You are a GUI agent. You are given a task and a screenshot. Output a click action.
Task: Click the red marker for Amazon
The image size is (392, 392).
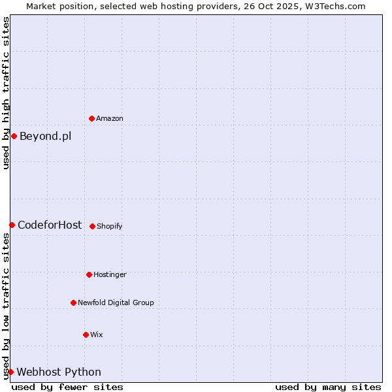tap(92, 118)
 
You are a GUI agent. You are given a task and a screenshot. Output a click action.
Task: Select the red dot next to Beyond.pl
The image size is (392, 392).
tap(14, 136)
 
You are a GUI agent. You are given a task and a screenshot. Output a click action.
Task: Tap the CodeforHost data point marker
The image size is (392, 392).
tap(12, 225)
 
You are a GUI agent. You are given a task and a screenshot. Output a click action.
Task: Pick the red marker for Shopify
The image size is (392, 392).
tap(92, 226)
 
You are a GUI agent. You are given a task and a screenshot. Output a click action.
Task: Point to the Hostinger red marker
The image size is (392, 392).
tap(89, 274)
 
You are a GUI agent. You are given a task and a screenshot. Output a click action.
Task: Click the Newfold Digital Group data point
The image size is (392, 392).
tap(73, 302)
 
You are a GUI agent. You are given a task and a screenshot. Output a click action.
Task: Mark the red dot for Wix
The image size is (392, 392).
tap(86, 335)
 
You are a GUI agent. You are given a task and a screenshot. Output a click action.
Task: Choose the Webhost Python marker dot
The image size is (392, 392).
tap(10, 372)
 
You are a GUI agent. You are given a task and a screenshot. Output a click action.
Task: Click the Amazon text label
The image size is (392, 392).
tap(110, 118)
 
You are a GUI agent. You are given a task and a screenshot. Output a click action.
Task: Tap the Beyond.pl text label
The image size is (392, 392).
tap(45, 136)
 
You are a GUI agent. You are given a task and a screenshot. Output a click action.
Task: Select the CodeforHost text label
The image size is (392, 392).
tap(50, 225)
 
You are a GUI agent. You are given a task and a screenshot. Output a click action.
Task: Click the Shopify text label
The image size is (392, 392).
tap(110, 226)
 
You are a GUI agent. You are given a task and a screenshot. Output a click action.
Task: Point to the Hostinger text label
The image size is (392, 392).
tap(110, 274)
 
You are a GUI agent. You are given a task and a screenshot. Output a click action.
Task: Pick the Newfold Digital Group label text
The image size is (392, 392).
tap(116, 302)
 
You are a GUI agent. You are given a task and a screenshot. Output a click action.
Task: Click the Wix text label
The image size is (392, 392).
tap(97, 335)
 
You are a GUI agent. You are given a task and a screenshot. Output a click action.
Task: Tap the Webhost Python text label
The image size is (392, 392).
tap(59, 372)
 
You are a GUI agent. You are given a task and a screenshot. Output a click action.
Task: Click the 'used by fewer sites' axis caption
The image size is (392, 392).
tap(67, 387)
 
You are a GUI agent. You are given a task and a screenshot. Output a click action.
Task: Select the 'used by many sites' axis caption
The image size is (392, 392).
tap(328, 387)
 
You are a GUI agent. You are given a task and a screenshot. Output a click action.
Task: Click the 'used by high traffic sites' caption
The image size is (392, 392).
tap(6, 93)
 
